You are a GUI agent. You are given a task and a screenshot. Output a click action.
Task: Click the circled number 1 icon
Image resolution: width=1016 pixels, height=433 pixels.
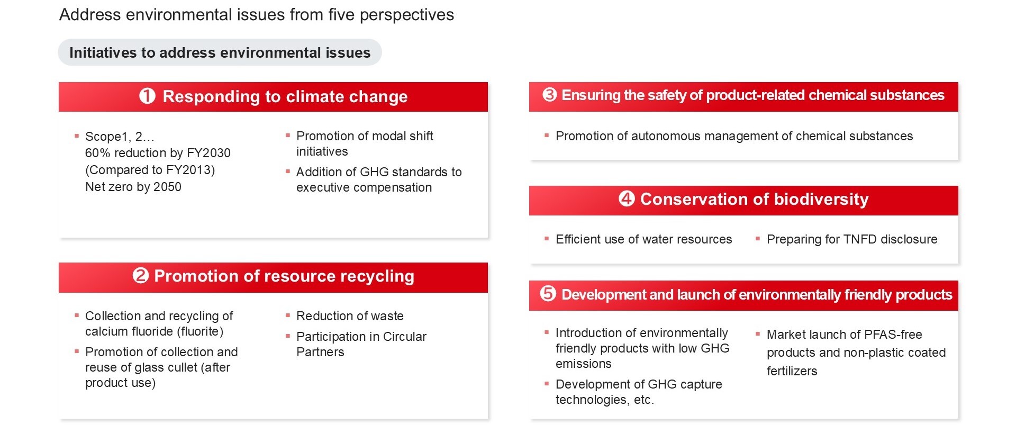147,96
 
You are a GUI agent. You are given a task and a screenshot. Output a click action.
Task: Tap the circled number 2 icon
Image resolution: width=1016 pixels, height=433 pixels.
141,276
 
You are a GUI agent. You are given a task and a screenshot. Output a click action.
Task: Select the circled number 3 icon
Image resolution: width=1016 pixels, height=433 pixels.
550,95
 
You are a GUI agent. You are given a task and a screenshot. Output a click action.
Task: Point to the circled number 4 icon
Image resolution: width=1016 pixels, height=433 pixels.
627,199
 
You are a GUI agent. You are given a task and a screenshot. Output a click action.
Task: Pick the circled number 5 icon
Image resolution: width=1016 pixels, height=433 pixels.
548,294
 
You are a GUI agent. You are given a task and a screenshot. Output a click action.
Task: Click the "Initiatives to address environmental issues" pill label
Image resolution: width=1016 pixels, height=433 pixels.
220,52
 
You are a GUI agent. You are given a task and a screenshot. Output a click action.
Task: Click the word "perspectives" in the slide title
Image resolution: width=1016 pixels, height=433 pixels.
407,15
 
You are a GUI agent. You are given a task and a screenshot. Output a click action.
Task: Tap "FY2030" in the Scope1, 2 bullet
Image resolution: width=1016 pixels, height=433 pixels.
208,153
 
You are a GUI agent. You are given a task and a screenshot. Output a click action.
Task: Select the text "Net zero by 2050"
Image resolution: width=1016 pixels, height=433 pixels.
133,187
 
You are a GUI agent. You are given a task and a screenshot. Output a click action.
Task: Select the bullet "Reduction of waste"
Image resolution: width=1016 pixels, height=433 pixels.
350,316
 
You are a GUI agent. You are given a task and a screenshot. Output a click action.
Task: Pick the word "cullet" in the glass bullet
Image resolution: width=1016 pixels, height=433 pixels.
180,367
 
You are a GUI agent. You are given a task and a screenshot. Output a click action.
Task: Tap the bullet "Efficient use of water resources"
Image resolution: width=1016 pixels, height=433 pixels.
643,239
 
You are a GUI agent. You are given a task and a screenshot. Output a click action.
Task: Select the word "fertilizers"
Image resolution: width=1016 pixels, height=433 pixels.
792,371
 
